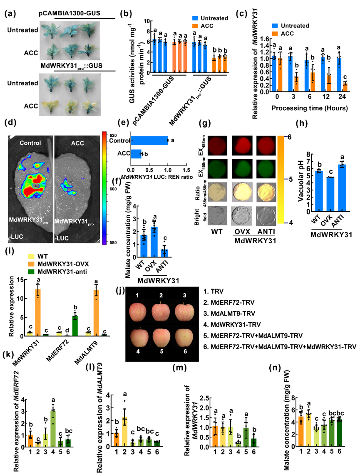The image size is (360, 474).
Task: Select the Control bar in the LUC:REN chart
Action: (149, 141)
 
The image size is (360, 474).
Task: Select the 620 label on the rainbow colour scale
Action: (116, 136)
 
